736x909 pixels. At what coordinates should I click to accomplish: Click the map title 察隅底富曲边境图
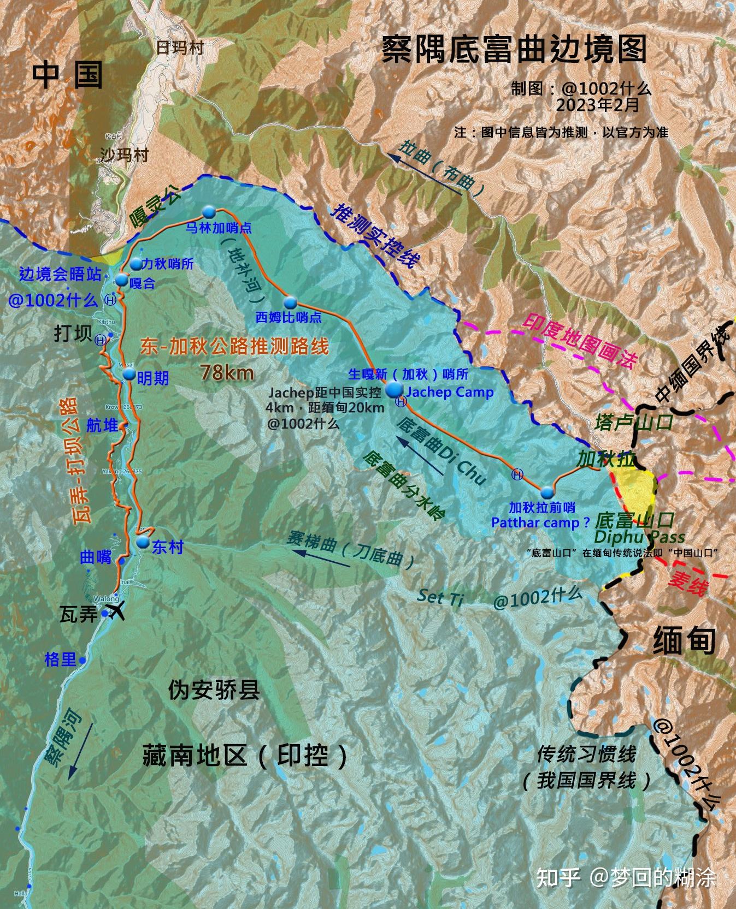click(514, 50)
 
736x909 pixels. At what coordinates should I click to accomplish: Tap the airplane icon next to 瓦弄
click(116, 611)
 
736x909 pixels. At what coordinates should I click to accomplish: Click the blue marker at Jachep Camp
click(393, 390)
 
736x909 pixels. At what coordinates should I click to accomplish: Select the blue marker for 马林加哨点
click(208, 212)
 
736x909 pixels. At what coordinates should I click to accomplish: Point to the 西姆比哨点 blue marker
click(290, 302)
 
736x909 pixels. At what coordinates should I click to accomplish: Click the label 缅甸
click(684, 639)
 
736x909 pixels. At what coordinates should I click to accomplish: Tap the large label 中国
click(67, 75)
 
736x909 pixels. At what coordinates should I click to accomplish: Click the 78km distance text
click(226, 372)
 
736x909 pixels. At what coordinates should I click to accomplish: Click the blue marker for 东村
click(143, 542)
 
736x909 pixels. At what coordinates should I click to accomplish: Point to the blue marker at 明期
click(129, 374)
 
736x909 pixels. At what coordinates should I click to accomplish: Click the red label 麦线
click(687, 583)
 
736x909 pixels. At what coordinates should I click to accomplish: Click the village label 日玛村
click(180, 48)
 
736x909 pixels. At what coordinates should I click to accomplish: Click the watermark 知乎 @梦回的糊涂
click(625, 877)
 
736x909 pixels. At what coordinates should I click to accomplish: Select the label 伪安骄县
click(214, 691)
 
